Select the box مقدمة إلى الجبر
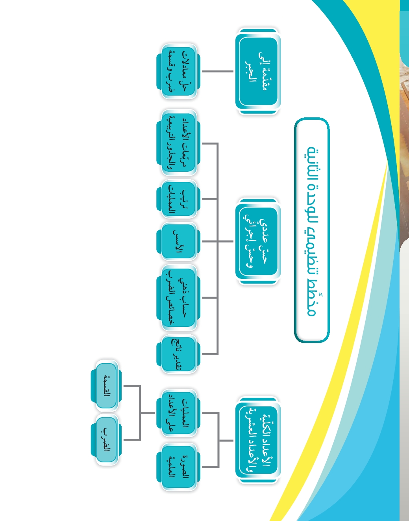click(258, 71)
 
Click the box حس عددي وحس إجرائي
click(258, 241)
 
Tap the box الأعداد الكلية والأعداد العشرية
click(258, 440)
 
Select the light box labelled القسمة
click(106, 386)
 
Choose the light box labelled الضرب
click(106, 440)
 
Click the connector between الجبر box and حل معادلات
click(218, 71)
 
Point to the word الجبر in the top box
click(250, 71)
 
